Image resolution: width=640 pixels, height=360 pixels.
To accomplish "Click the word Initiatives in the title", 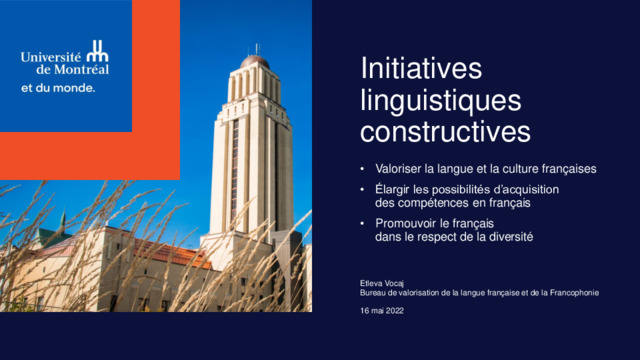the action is [x=421, y=68].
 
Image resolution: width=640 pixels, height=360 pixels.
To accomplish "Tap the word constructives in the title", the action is [x=445, y=131].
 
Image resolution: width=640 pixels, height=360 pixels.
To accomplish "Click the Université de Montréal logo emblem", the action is [x=98, y=51].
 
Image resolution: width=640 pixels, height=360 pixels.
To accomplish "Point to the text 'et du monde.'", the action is [x=58, y=88].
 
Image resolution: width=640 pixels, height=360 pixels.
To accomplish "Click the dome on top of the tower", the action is [x=254, y=62].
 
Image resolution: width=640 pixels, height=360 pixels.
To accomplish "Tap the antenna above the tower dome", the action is [x=257, y=49].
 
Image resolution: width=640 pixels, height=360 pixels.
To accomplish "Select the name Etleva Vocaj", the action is [x=382, y=283].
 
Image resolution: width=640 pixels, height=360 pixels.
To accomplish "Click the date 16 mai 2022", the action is [x=382, y=311].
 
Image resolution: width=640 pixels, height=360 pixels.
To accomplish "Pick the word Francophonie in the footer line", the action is [x=574, y=293].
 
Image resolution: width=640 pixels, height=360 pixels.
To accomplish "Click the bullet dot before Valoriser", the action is [x=362, y=169].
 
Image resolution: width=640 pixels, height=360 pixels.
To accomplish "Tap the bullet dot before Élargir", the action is [x=362, y=189].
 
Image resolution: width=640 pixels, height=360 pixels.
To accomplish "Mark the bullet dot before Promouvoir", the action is [x=362, y=223].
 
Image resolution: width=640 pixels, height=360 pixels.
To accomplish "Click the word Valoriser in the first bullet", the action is [x=398, y=169].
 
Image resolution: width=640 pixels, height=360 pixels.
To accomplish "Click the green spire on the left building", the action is [x=62, y=222].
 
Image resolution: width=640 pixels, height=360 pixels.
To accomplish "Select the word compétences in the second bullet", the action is [x=436, y=203].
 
